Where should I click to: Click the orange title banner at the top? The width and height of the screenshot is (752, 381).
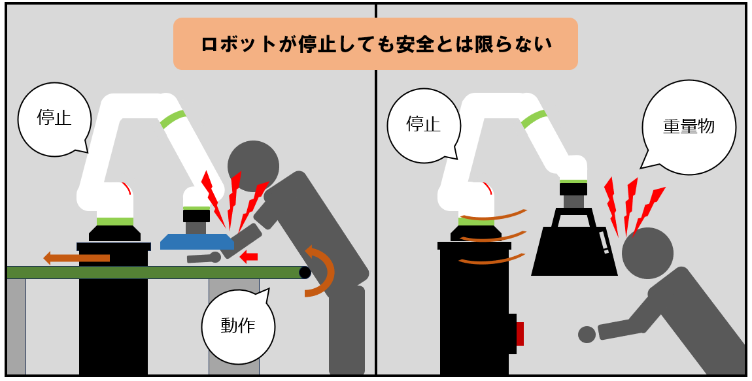[x=375, y=44]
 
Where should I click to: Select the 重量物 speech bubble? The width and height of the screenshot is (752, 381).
[x=688, y=127]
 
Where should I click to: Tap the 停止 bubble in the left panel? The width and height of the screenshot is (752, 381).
[x=54, y=119]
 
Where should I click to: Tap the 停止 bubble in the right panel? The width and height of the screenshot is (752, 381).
[x=424, y=125]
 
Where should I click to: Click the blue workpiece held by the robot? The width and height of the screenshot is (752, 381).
[x=197, y=242]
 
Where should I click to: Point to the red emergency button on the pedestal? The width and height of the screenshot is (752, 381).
[x=520, y=334]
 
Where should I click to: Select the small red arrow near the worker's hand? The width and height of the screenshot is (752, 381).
[x=248, y=257]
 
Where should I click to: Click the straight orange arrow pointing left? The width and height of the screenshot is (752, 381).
[x=77, y=258]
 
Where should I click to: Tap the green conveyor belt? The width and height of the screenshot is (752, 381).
[x=156, y=273]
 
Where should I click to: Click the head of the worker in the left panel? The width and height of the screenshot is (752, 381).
[x=253, y=166]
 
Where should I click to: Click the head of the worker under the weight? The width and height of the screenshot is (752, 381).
[x=647, y=253]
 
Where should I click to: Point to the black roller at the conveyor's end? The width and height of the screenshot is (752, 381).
[x=305, y=273]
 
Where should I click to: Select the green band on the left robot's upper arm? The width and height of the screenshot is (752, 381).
[x=173, y=120]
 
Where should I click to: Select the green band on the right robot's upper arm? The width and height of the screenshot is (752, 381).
[x=534, y=120]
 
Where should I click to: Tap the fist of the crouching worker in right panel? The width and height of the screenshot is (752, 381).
[x=587, y=335]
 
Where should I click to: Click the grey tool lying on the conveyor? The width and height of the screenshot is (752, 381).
[x=204, y=258]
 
